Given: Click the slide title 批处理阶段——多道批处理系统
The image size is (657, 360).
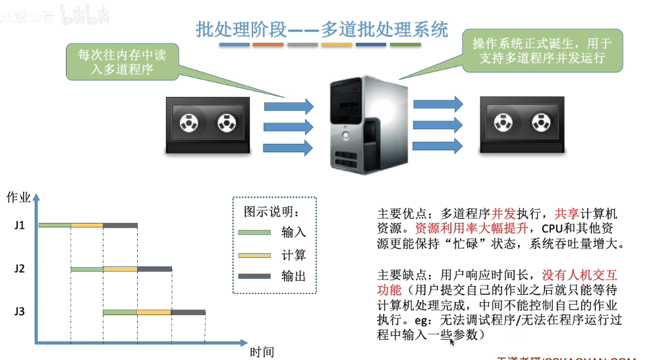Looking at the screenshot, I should pyautogui.click(x=322, y=30).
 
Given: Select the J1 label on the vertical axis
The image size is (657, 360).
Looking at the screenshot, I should pyautogui.click(x=19, y=225).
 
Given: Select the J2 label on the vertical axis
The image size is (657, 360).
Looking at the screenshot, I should pyautogui.click(x=19, y=269).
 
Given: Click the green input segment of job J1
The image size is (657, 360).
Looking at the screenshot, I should pyautogui.click(x=55, y=225).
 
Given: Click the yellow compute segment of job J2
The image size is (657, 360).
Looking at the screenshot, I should pyautogui.click(x=120, y=269).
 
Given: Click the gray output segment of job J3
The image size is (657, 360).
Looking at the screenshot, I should pyautogui.click(x=188, y=312).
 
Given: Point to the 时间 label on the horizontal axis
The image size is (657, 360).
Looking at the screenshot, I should pyautogui.click(x=262, y=351).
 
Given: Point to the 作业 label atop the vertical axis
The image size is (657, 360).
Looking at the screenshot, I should pyautogui.click(x=18, y=197).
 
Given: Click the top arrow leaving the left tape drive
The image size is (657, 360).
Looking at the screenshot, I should pyautogui.click(x=289, y=105).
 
